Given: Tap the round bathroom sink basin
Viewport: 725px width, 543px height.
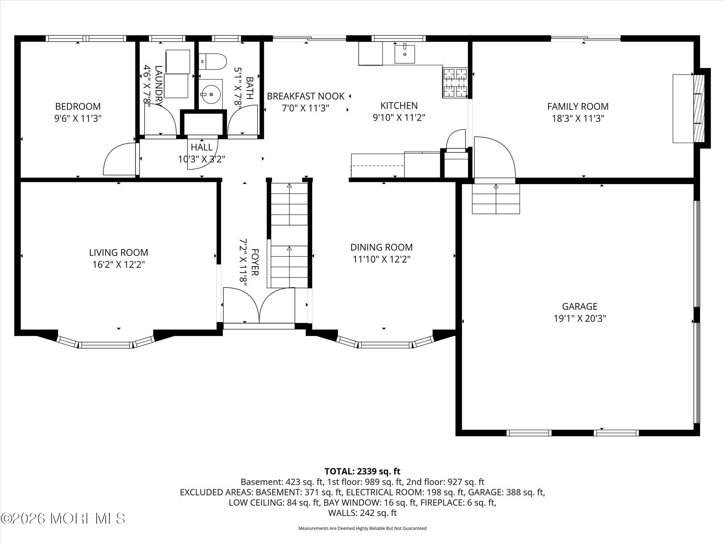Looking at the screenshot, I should (211, 94).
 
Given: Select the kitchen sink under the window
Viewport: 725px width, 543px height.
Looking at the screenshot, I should (404, 54).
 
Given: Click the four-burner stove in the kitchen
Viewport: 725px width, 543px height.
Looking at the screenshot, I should (455, 83).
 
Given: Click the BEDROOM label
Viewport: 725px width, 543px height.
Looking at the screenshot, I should (78, 106).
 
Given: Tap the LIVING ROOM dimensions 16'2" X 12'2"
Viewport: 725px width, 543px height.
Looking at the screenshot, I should (118, 265).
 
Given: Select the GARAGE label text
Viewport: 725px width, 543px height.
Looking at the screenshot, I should (579, 306).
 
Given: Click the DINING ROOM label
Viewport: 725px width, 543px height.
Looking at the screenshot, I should (382, 247).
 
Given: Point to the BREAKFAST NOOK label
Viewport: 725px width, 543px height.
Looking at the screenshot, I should (305, 96).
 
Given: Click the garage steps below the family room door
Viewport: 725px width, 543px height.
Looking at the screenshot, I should (496, 199).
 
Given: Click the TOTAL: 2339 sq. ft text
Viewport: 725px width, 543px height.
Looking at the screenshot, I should (362, 471).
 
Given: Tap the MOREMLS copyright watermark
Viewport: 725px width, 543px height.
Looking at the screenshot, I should (63, 518).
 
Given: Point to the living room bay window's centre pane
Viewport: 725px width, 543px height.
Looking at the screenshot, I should (106, 345).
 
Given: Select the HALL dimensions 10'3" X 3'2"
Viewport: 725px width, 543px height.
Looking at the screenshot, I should (201, 159).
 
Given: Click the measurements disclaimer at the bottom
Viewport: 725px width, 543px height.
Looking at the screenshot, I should (362, 528).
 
